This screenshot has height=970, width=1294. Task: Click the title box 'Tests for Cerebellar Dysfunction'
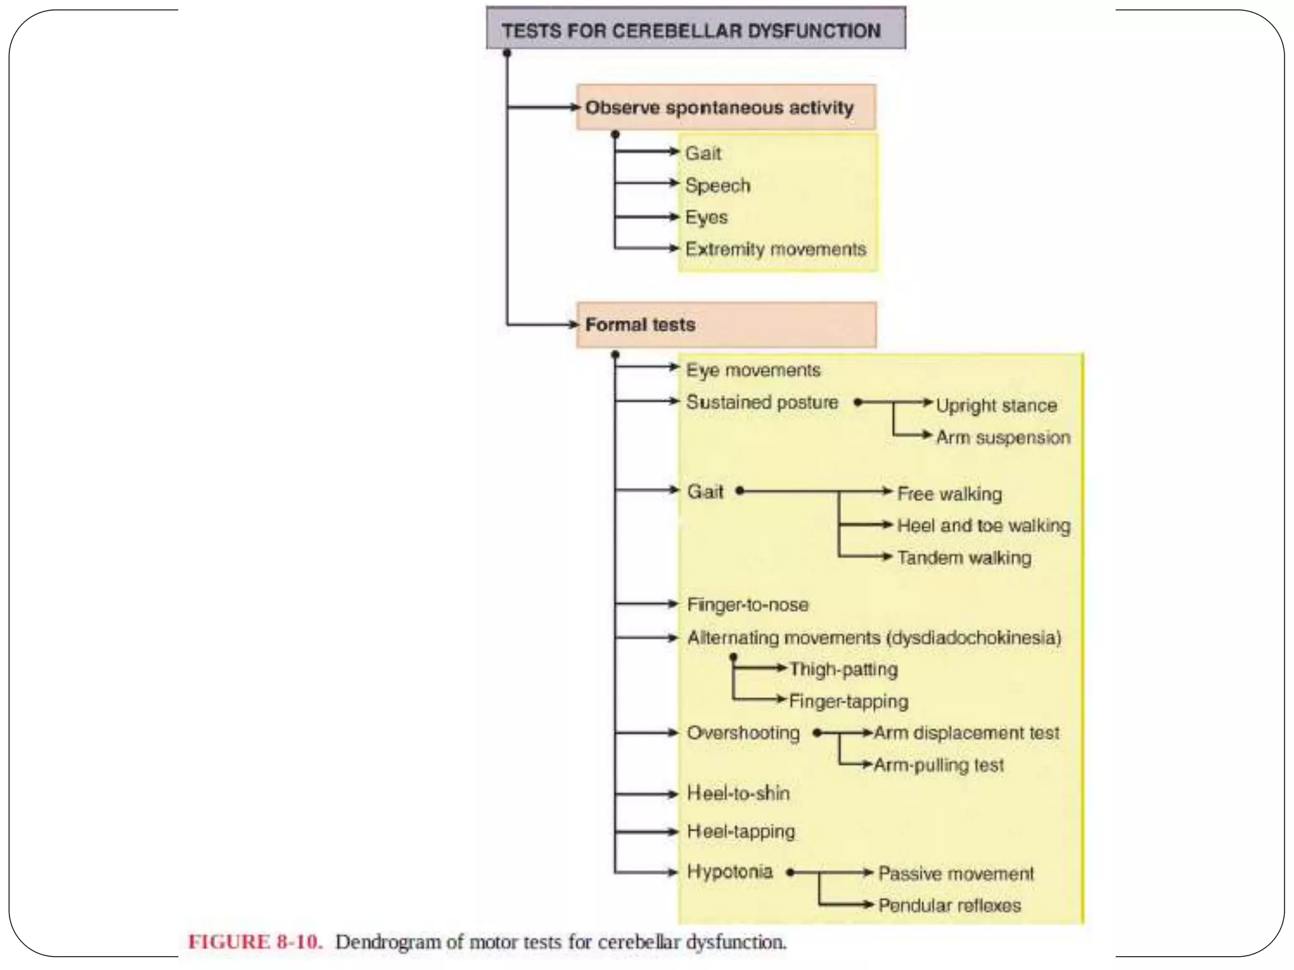(695, 29)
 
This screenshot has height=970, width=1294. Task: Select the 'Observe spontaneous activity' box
(725, 107)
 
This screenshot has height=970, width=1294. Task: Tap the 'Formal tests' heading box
(725, 325)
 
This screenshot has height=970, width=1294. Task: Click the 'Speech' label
(718, 186)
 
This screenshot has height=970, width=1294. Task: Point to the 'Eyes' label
(706, 217)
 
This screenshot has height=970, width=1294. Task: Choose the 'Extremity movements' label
(775, 249)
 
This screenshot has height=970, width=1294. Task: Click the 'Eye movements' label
(753, 370)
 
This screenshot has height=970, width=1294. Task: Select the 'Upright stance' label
(996, 405)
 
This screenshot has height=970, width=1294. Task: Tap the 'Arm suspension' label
(1003, 438)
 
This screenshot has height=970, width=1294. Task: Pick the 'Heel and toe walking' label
(984, 525)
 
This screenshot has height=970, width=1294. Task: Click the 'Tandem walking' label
(964, 558)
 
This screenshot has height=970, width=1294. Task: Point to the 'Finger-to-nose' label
(747, 605)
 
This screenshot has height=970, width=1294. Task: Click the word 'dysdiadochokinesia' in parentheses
(974, 638)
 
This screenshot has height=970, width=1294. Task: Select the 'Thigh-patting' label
(843, 669)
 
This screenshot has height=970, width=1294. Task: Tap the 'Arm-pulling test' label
(938, 765)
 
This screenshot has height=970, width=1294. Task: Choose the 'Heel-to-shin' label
(738, 794)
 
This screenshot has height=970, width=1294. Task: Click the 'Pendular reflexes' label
(949, 906)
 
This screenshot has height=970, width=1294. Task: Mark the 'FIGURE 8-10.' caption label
(255, 942)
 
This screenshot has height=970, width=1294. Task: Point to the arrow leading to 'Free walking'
(815, 491)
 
